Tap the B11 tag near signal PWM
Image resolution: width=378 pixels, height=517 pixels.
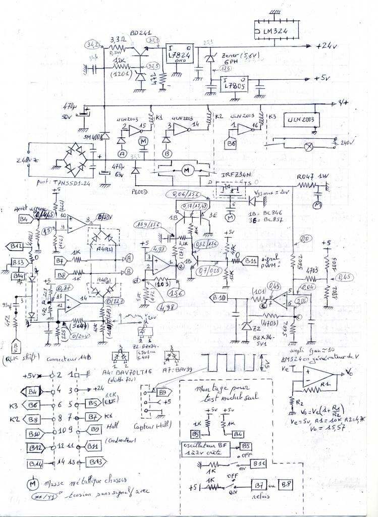[x=250, y=261]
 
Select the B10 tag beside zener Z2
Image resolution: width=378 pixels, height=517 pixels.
[x=220, y=296]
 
